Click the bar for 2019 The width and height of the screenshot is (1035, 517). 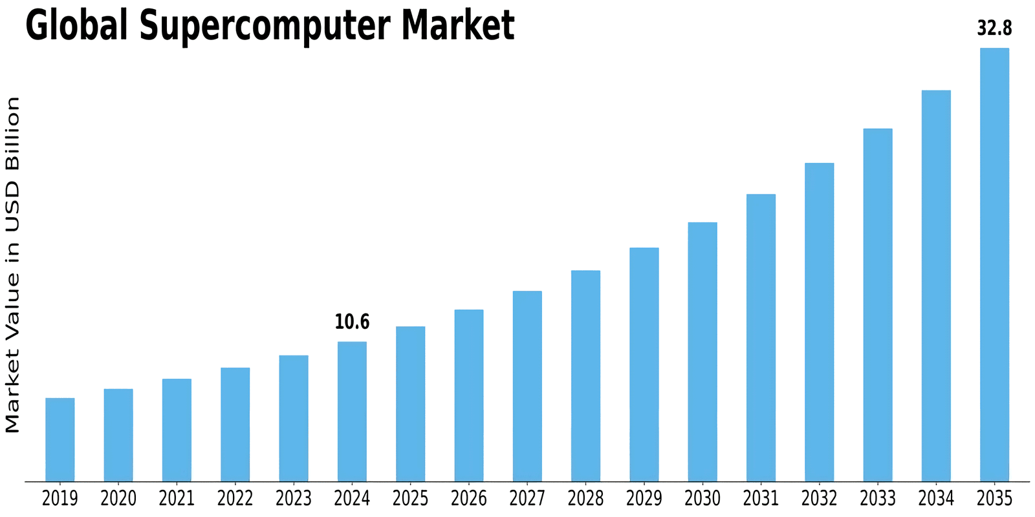pos(60,439)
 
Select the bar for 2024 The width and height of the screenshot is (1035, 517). pos(352,411)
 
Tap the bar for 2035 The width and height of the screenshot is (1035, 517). pos(994,264)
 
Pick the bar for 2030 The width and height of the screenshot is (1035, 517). pos(703,352)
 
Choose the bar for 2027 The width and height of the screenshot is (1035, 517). pos(527,386)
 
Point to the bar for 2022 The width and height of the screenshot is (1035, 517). pos(235,424)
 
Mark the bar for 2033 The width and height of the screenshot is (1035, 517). pos(878,304)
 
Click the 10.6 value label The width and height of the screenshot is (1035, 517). pos(352,322)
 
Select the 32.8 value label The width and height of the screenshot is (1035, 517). pos(994,29)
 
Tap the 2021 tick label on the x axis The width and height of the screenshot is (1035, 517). pos(177,498)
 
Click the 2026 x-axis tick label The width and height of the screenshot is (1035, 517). pos(469,498)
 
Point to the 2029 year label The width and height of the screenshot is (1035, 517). pos(644,498)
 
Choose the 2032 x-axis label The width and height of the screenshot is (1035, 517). pos(819,498)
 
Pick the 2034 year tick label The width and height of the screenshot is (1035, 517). pos(936,498)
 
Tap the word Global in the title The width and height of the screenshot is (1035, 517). pos(76,26)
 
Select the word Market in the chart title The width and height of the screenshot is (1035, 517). pos(457,26)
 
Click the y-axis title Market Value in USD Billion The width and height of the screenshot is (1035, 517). pos(13,264)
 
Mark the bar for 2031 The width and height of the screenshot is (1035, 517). pos(761,337)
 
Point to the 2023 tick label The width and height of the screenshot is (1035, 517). pos(294,498)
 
